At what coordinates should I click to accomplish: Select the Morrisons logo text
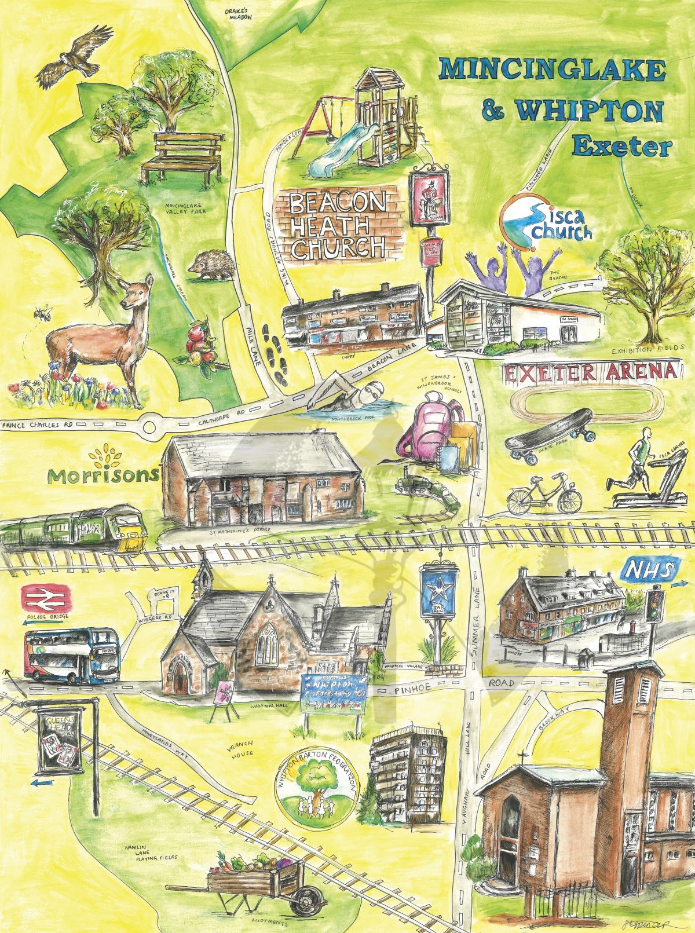tap(103, 475)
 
